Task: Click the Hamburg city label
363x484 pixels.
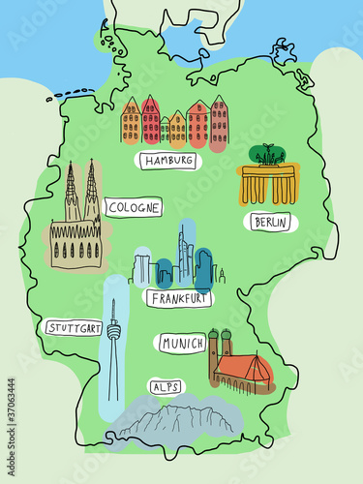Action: (x=170, y=161)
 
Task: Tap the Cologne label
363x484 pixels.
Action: (x=134, y=207)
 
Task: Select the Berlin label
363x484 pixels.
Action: (x=272, y=223)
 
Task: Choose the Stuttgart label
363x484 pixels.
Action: (x=74, y=328)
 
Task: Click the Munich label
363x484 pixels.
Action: (x=180, y=344)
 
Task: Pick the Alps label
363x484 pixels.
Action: (x=165, y=386)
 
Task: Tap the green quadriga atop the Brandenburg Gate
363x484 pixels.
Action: (x=268, y=155)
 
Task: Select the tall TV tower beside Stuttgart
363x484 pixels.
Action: (x=113, y=348)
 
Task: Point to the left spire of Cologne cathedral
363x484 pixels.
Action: (x=72, y=194)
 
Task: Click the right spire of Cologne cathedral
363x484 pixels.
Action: (x=91, y=192)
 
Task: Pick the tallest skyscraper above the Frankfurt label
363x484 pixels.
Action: (x=180, y=254)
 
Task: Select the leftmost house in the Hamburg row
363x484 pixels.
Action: (x=131, y=123)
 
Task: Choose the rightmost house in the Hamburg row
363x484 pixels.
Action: (x=220, y=122)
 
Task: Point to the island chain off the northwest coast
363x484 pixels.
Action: (x=69, y=94)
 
